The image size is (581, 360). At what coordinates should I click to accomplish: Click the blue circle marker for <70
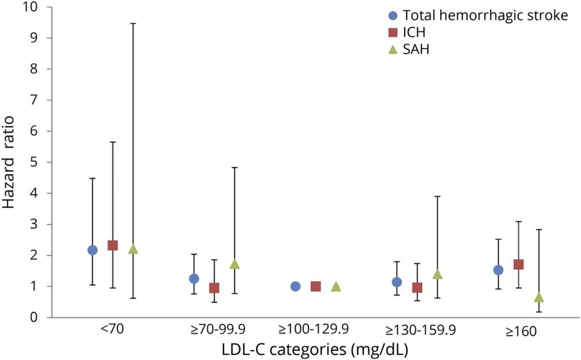[x=92, y=250]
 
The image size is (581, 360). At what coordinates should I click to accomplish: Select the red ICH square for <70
[x=112, y=245]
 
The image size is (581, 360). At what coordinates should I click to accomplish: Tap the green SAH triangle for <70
[x=133, y=249]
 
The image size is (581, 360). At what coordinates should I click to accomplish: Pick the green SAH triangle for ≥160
[x=539, y=298]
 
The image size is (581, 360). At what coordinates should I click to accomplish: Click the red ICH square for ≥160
[x=518, y=264]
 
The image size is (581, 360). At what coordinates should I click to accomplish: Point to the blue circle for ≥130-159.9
[x=397, y=282]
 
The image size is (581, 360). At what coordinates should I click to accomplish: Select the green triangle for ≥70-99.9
[x=234, y=264]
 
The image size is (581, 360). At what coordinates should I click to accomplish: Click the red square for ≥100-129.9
[x=315, y=286]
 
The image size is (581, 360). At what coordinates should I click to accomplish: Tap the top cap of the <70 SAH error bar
[x=133, y=23]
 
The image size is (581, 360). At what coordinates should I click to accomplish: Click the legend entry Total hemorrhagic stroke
[x=485, y=16]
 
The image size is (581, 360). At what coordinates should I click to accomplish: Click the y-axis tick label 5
[x=35, y=162]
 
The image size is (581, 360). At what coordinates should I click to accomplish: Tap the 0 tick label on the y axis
[x=35, y=317]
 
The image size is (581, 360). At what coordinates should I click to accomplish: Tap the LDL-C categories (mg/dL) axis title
[x=315, y=347]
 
